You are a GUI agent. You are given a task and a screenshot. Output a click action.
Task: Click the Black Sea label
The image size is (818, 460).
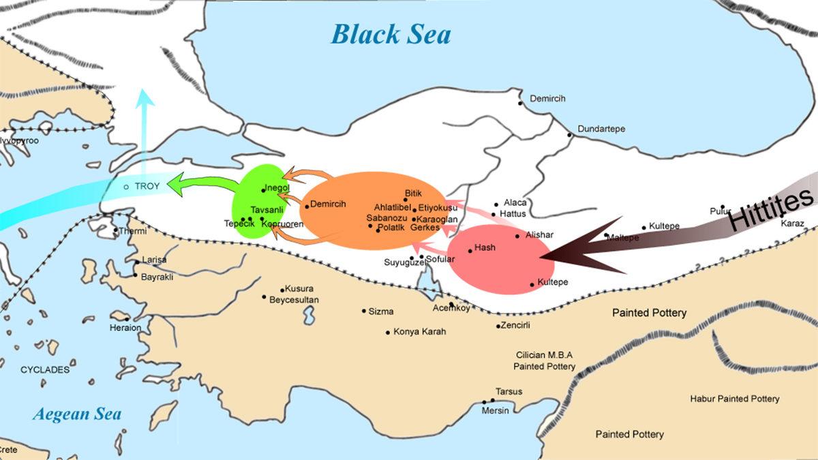coord(391,33)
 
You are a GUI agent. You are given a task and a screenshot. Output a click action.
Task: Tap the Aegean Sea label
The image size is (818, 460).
coord(78,414)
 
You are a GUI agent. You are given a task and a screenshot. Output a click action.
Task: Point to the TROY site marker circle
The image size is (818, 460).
coord(126,187)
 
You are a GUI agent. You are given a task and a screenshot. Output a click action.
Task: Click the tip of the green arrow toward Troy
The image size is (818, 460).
coord(170,185)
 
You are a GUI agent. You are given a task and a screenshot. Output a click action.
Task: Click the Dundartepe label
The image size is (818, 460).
coord(601,129)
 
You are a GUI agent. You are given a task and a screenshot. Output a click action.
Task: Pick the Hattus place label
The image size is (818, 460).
coord(513,213)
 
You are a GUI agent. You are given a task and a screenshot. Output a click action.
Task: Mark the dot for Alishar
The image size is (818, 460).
coord(517,236)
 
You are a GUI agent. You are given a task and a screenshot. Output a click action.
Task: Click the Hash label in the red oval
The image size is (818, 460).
coord(485,247)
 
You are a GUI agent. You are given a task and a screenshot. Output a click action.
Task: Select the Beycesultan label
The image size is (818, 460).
coord(294,300)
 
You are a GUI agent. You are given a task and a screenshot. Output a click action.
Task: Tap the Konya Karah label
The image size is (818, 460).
coord(419,333)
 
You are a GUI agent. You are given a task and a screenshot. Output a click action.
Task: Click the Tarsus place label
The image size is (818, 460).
coord(509,392)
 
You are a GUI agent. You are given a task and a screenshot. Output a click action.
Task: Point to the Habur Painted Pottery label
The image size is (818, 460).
coord(734,399)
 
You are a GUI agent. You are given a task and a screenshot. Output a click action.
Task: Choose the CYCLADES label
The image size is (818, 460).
coord(45,370)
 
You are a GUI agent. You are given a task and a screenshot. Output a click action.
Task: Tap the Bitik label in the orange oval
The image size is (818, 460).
coord(414,194)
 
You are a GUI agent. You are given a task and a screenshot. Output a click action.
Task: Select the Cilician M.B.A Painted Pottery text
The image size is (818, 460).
coord(544,361)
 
